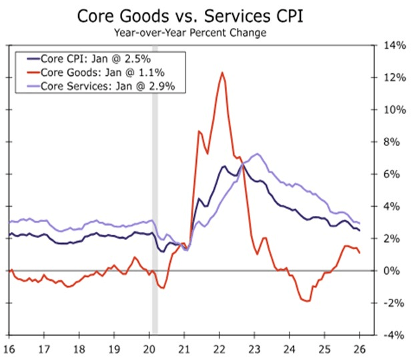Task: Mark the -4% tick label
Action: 391,335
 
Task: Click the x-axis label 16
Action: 10,349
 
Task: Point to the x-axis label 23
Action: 256,349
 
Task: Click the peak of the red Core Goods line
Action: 222,73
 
